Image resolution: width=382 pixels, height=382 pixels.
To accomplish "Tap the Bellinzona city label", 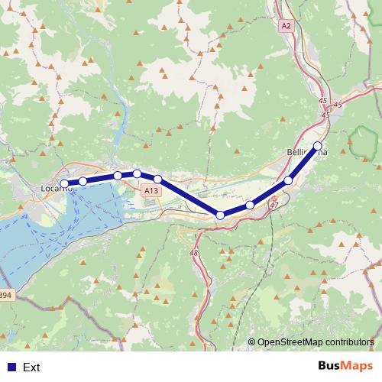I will click(306, 153).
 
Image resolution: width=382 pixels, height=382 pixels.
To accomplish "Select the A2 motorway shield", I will click(286, 25).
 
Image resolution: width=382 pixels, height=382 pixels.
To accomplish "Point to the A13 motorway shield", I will click(151, 190).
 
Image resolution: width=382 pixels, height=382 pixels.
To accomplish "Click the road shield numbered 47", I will click(274, 205).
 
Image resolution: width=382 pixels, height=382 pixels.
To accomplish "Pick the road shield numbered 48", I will click(193, 253).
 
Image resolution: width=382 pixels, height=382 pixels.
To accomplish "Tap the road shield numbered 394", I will click(5, 295).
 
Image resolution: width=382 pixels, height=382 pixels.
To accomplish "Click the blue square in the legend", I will click(9, 367).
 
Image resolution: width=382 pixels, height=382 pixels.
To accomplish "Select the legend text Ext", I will click(31, 367).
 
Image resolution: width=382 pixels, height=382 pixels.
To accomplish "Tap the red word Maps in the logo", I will click(358, 366).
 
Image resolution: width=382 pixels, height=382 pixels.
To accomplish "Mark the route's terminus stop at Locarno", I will click(65, 183).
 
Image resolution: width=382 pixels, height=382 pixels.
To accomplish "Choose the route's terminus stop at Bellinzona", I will click(318, 146).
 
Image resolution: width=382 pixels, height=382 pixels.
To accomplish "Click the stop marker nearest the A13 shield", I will click(157, 179).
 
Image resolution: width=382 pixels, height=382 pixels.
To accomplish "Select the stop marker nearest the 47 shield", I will click(250, 206).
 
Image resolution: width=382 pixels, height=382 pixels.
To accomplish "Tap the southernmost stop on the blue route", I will click(221, 215).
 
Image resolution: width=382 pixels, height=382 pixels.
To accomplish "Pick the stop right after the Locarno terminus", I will click(83, 181).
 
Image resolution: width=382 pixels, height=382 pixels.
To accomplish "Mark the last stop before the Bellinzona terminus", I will click(288, 180).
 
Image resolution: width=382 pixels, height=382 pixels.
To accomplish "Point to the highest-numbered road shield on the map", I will click(5, 295).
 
